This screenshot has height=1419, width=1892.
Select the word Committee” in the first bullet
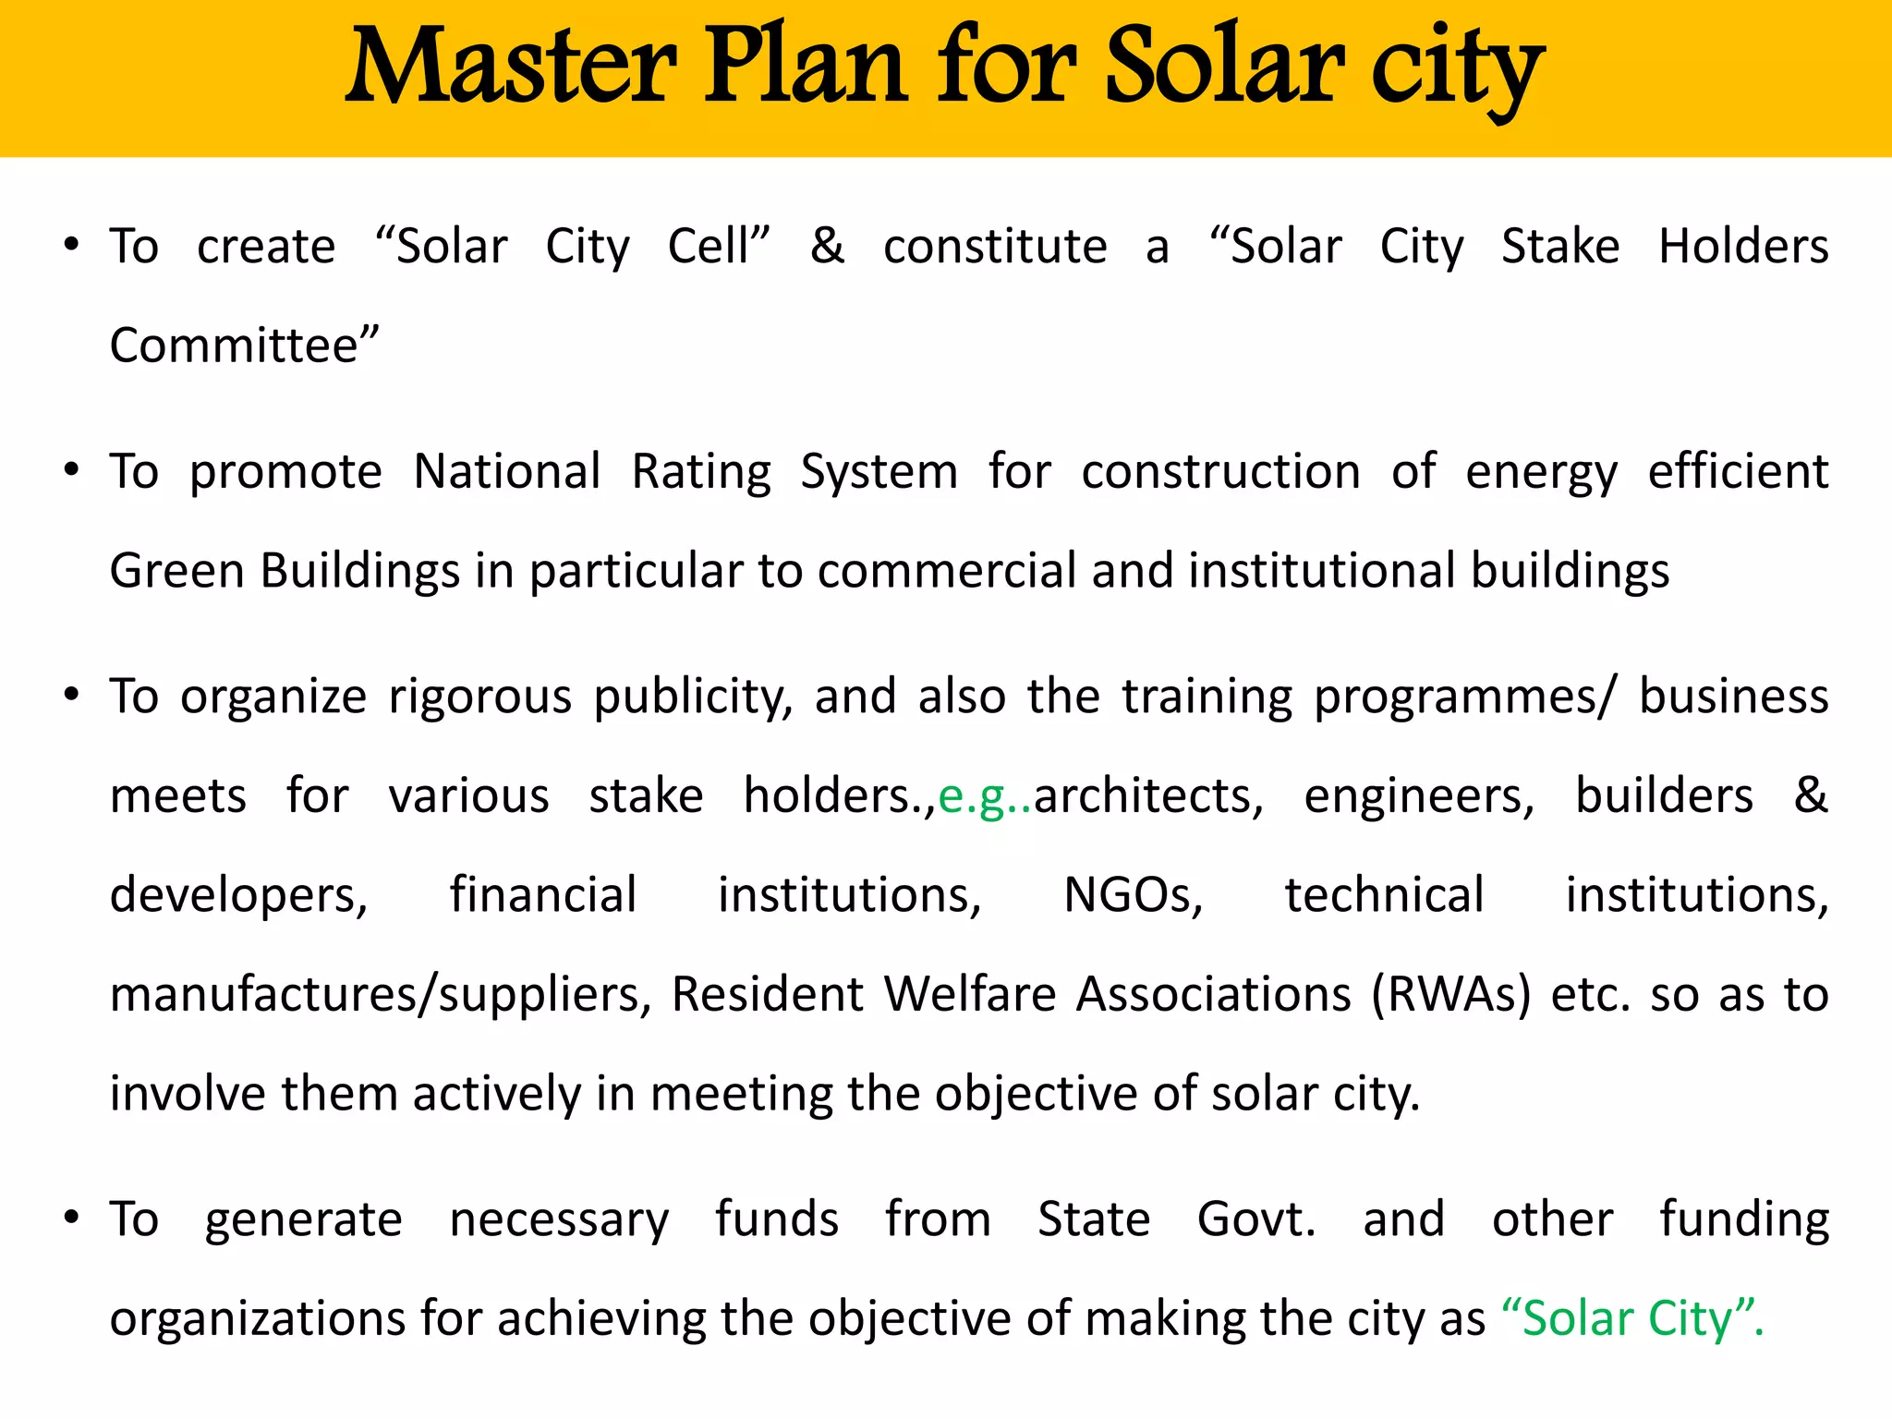tap(244, 346)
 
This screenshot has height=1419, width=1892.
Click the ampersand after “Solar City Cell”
tap(827, 247)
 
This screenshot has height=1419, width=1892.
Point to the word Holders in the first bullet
tap(1742, 247)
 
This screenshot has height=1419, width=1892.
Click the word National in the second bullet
tap(507, 472)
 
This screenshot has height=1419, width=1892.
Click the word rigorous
tap(479, 697)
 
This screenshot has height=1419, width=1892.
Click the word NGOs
tap(1134, 896)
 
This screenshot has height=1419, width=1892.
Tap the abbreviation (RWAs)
tap(1450, 995)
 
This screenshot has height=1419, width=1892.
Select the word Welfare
tap(970, 995)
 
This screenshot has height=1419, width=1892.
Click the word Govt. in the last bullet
tap(1255, 1219)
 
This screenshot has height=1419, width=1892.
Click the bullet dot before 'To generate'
tap(71, 1218)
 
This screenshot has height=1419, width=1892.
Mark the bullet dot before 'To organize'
tap(71, 695)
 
